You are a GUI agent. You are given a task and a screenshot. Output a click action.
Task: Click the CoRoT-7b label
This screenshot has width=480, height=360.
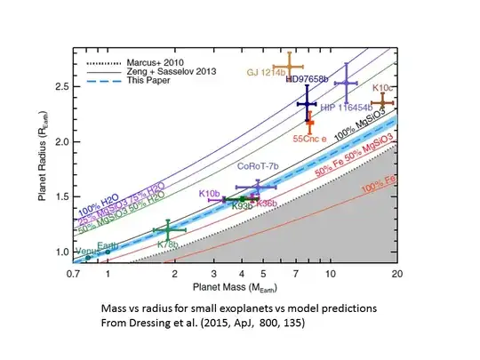click(258, 166)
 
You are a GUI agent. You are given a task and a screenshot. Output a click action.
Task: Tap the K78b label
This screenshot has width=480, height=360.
click(168, 244)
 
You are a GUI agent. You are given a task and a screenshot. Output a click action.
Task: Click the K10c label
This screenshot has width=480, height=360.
click(383, 89)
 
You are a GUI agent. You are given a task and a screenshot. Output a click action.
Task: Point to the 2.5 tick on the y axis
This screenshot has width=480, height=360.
click(68, 86)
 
